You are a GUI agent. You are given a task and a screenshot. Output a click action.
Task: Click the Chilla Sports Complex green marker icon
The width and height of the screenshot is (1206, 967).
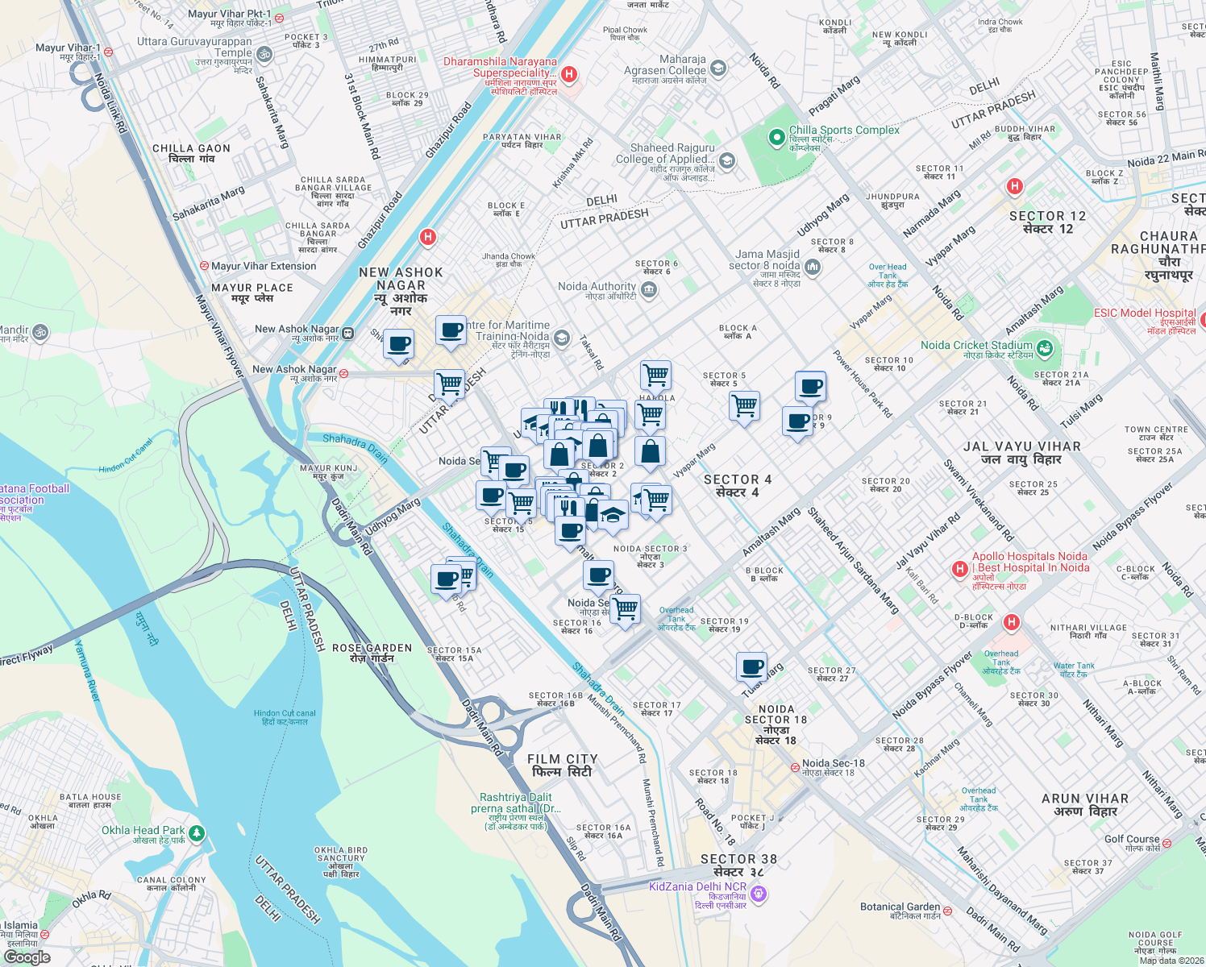click(x=776, y=138)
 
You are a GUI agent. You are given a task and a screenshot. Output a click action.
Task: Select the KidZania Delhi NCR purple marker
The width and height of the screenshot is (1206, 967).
click(x=758, y=893)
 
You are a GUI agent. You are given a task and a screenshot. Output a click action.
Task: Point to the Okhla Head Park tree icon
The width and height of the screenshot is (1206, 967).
click(x=197, y=833)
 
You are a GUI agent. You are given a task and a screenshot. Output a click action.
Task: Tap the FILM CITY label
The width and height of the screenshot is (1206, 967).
click(x=562, y=766)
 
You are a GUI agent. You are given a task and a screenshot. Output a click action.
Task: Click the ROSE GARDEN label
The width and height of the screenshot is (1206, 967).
click(x=372, y=653)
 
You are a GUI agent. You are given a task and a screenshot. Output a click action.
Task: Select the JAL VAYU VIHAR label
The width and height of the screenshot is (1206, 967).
click(x=1021, y=453)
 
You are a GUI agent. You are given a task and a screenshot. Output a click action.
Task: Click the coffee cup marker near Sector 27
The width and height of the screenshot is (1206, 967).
click(x=751, y=667)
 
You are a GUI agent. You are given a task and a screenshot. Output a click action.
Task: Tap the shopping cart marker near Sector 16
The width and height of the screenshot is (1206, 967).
click(x=625, y=609)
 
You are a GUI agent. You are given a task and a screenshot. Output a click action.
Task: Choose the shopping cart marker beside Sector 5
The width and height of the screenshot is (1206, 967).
click(x=744, y=405)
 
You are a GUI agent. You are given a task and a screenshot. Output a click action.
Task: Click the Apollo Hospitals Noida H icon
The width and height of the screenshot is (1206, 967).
click(x=959, y=569)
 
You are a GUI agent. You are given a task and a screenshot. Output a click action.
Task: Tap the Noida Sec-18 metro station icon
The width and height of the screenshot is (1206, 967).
click(x=795, y=766)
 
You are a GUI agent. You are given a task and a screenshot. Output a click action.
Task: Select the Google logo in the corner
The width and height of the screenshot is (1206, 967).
click(x=27, y=957)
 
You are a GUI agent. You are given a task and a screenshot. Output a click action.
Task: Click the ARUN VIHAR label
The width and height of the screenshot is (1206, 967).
click(x=1085, y=804)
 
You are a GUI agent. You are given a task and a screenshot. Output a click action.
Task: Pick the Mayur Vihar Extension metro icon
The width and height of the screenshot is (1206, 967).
click(x=205, y=266)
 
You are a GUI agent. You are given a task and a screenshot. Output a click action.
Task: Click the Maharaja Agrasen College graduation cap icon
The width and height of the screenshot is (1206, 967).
click(x=718, y=69)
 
